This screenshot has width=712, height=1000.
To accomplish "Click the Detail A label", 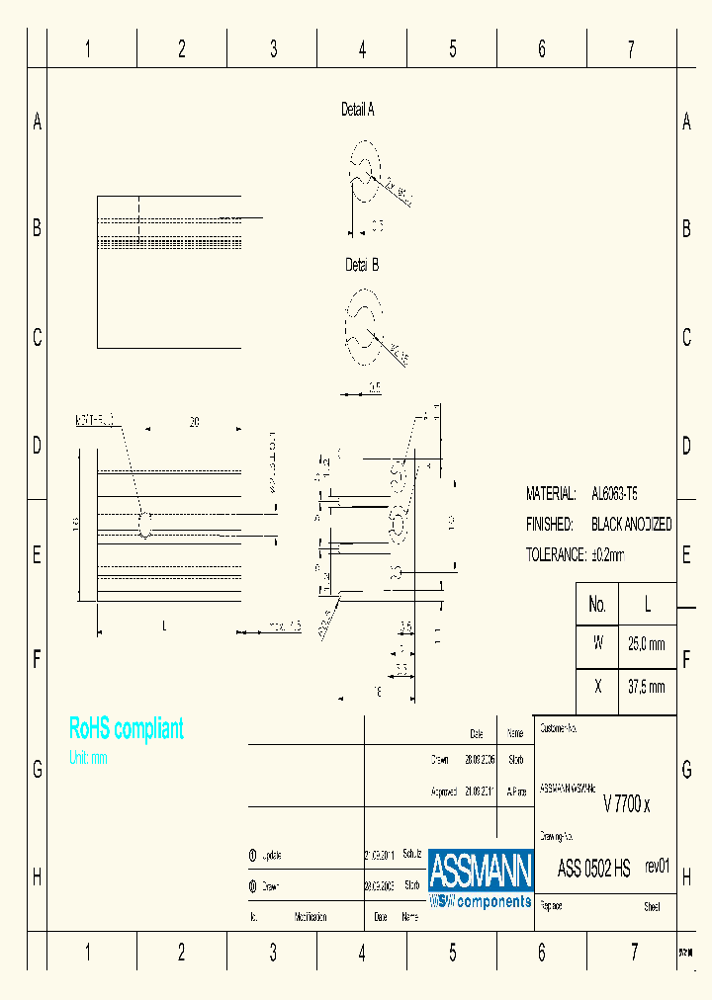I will (x=357, y=110).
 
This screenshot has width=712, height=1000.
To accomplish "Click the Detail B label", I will (x=361, y=265).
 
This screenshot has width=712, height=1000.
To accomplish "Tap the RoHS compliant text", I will (x=126, y=729).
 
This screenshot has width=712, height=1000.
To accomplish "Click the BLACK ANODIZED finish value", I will (x=631, y=524).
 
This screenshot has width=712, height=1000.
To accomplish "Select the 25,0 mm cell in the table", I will (x=647, y=643).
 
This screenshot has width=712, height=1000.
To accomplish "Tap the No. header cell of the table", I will (x=596, y=604).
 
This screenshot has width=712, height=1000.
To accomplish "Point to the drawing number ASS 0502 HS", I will (x=593, y=869).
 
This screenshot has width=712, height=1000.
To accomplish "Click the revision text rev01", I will (x=657, y=866).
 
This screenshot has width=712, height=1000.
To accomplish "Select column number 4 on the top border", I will (x=362, y=49).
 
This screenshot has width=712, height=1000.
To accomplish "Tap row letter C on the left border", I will (x=37, y=337).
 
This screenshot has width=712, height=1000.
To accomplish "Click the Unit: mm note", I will (x=88, y=759).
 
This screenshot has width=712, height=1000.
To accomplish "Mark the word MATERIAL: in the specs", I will (x=550, y=492).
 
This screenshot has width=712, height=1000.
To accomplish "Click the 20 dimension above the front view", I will (x=194, y=422).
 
